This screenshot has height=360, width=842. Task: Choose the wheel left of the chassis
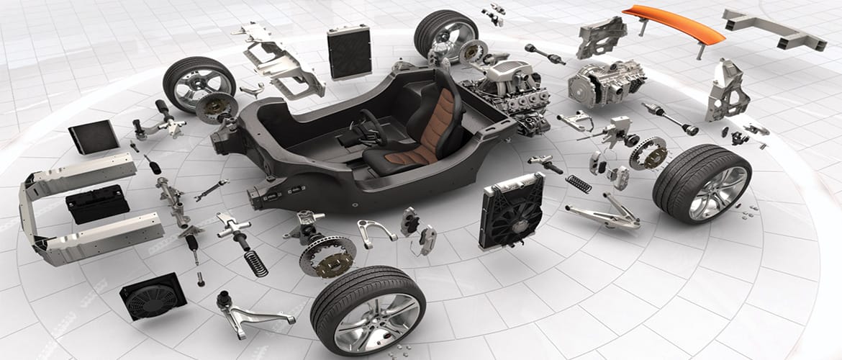[x=199, y=83]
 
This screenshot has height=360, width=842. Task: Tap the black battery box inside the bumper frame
[x=98, y=202]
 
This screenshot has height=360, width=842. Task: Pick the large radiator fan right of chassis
[x=512, y=209]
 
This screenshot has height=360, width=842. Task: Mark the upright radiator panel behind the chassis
[x=349, y=51]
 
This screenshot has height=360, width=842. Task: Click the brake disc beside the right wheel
[x=647, y=153]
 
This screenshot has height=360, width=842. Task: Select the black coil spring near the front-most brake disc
[x=255, y=263]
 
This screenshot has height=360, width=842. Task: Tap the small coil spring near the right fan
[x=578, y=184]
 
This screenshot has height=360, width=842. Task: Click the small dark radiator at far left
[x=93, y=136]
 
